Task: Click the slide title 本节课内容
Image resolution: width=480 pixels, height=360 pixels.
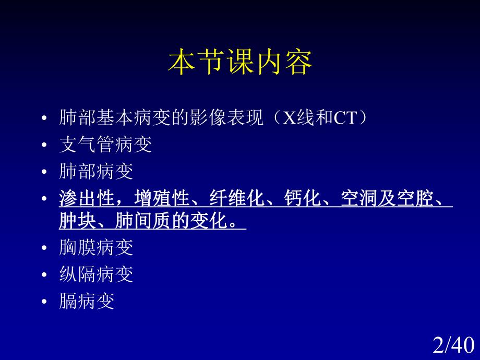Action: click(240, 63)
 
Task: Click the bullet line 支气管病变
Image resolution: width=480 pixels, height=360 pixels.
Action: click(105, 145)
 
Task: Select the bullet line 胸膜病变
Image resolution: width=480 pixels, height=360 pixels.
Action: click(97, 247)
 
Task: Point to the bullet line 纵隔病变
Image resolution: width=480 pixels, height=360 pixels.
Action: click(97, 274)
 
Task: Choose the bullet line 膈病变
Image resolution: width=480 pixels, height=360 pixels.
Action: click(87, 302)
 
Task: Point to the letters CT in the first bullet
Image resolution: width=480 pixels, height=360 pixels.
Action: click(344, 118)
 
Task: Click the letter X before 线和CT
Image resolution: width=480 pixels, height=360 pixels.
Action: click(289, 118)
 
